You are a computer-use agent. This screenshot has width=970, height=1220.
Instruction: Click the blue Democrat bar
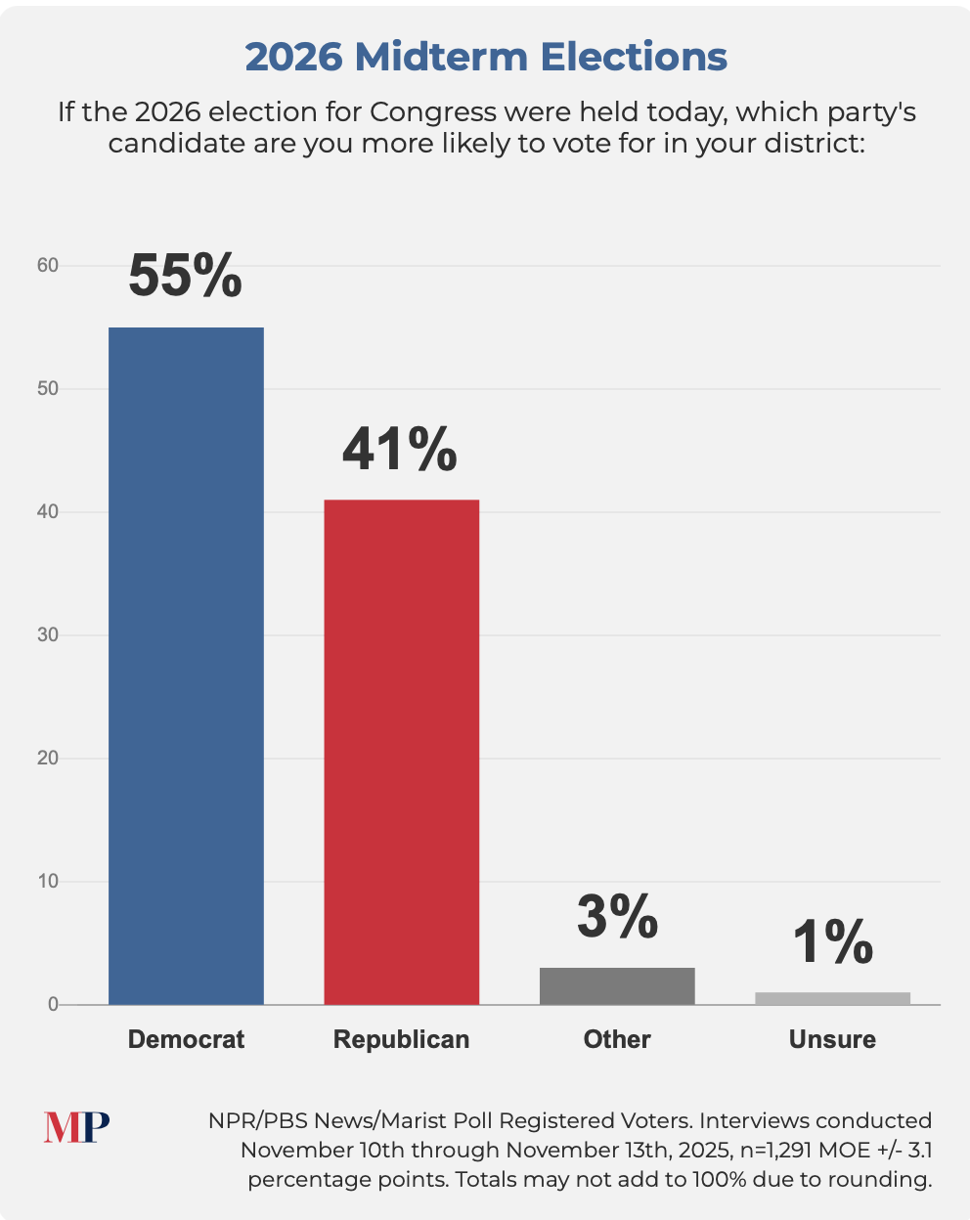pyautogui.click(x=186, y=665)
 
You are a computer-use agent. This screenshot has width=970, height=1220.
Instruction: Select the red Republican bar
pyautogui.click(x=401, y=752)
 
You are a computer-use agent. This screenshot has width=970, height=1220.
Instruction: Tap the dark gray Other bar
pyautogui.click(x=617, y=985)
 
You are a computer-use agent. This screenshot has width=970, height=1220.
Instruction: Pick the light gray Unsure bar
pyautogui.click(x=832, y=998)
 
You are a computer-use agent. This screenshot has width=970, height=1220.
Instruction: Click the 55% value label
pyautogui.click(x=185, y=276)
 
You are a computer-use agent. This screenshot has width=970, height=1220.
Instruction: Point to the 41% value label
pyautogui.click(x=399, y=449)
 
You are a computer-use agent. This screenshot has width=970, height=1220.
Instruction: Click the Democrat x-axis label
pyautogui.click(x=186, y=1039)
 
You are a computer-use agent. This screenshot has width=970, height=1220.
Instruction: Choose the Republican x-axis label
pyautogui.click(x=401, y=1039)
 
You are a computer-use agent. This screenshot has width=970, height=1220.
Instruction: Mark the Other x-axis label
pyautogui.click(x=617, y=1039)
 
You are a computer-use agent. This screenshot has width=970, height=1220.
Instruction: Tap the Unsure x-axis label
pyautogui.click(x=832, y=1039)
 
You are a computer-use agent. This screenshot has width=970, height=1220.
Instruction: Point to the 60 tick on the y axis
pyautogui.click(x=48, y=266)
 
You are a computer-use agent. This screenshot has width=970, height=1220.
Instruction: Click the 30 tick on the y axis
pyautogui.click(x=48, y=635)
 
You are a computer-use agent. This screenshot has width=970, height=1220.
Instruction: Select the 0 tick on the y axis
pyautogui.click(x=53, y=1005)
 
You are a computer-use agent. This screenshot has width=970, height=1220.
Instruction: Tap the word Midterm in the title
pyautogui.click(x=448, y=57)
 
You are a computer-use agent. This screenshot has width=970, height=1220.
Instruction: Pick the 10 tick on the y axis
pyautogui.click(x=48, y=882)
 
